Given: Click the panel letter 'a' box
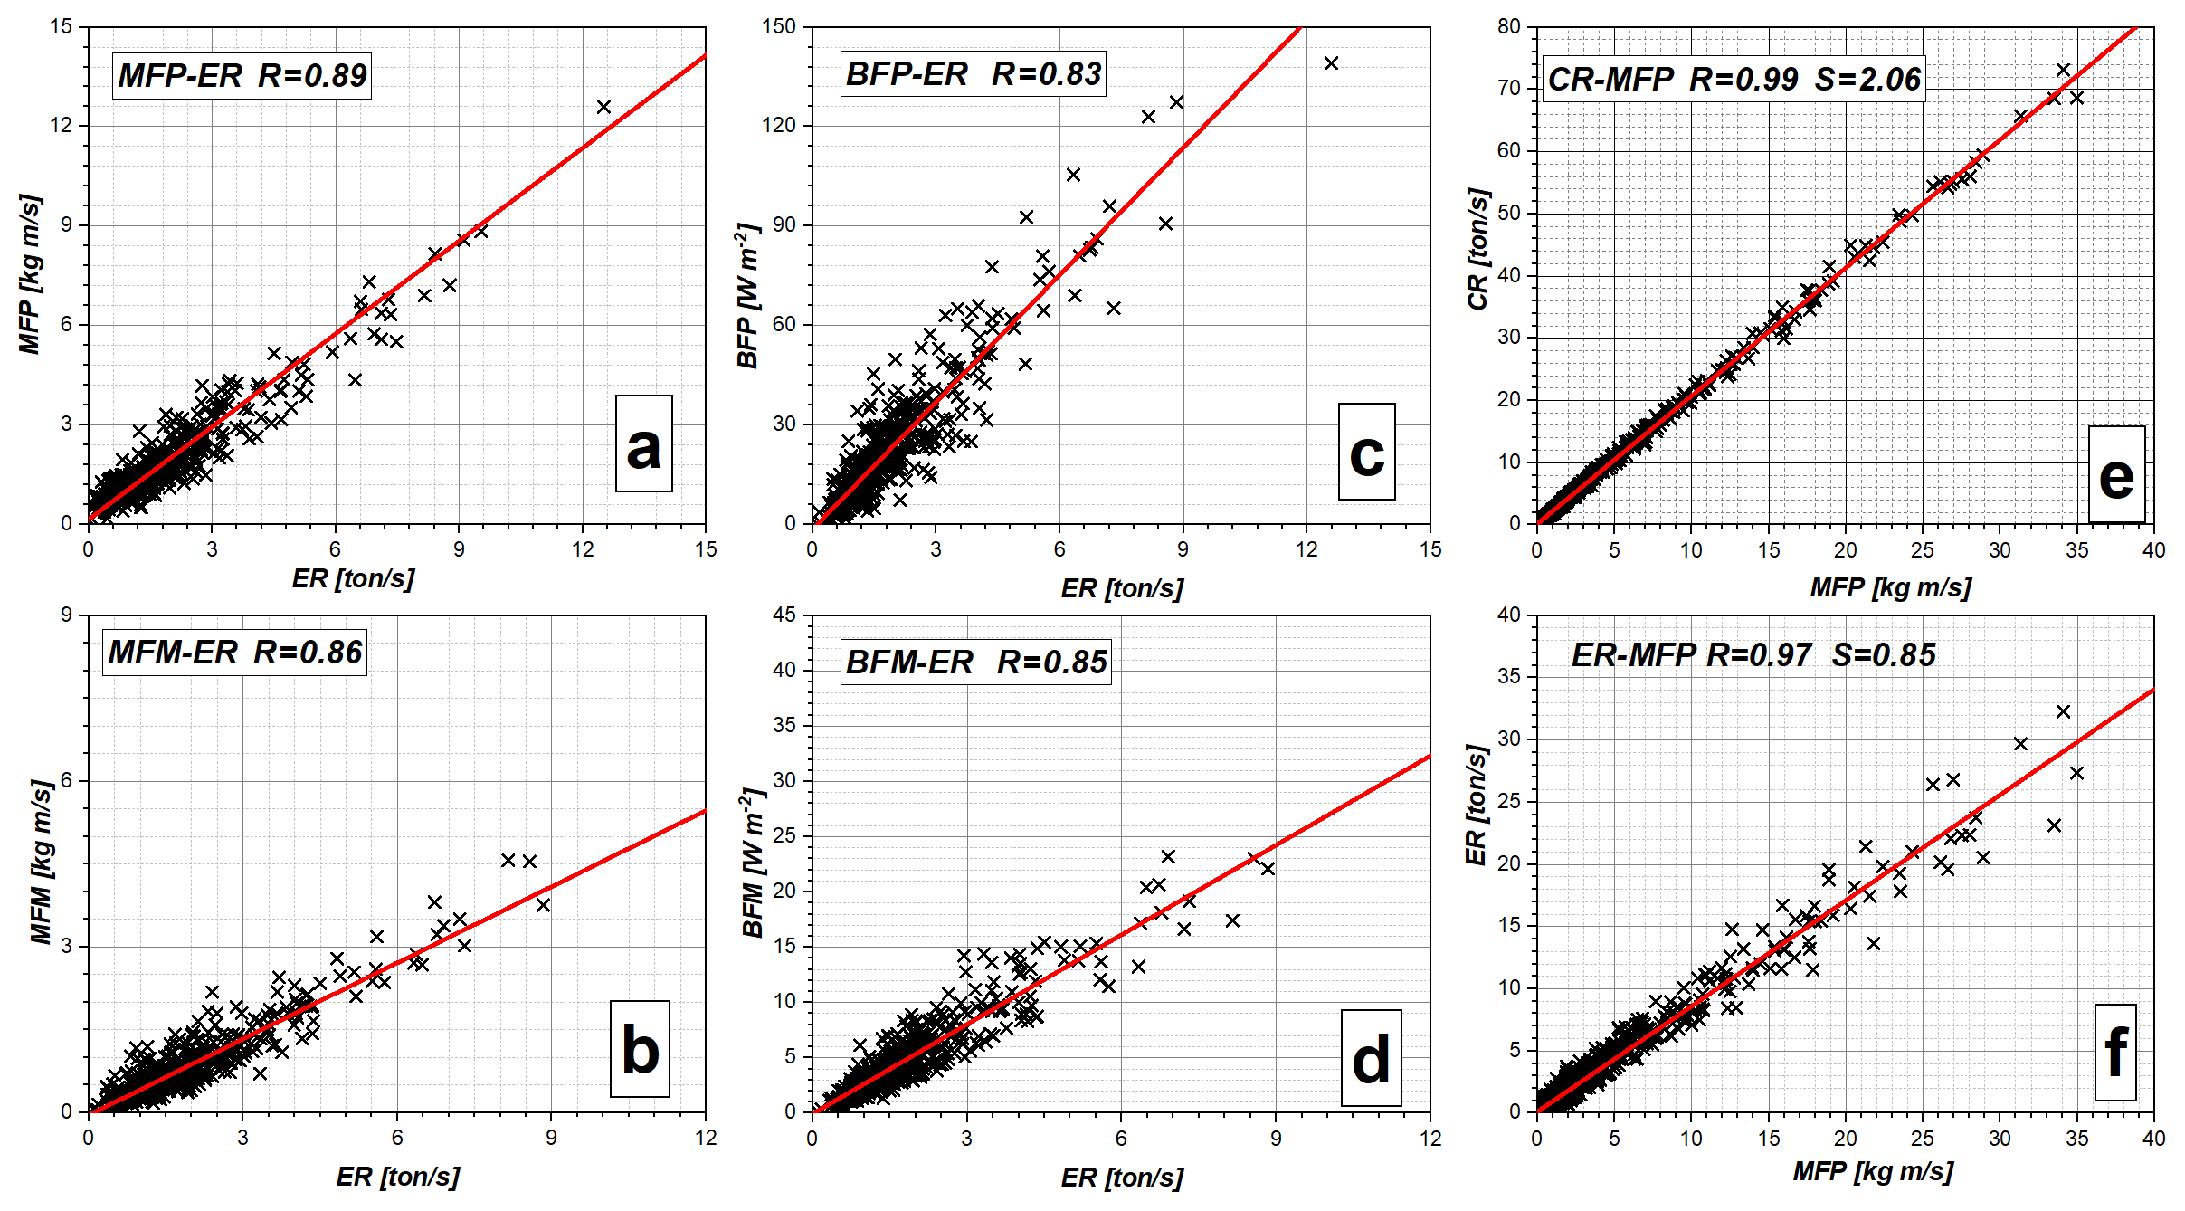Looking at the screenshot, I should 643,443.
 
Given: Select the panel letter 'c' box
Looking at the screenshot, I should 1366,452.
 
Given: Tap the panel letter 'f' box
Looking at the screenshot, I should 2115,1052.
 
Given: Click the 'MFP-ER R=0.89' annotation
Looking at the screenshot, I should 242,76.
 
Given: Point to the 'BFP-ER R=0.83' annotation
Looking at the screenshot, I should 974,74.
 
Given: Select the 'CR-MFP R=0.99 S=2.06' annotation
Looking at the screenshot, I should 1734,80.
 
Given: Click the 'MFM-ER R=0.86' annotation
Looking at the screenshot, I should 234,653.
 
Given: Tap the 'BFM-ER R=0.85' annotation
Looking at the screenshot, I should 975,663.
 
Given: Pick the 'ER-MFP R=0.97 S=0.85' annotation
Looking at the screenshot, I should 1753,655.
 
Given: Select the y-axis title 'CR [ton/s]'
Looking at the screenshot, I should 1477,249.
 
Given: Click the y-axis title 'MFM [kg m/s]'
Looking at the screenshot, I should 42,862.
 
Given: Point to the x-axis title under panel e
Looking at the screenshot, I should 1890,588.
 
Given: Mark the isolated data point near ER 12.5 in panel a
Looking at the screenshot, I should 603,107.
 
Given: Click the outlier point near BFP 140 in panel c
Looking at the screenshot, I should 1331,63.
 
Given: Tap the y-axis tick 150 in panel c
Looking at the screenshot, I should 779,26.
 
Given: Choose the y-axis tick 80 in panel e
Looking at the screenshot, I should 1508,26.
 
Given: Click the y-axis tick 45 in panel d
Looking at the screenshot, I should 784,615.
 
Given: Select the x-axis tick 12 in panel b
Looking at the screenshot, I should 706,1139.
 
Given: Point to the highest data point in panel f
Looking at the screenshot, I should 2063,712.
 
